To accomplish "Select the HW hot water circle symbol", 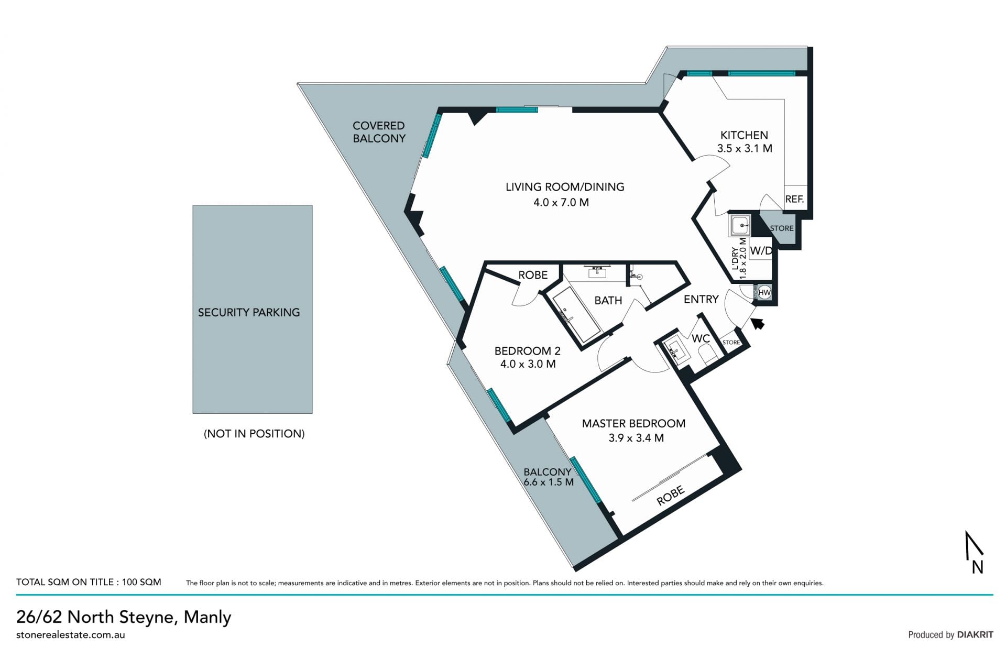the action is click(x=764, y=292).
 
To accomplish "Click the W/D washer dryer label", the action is click(x=761, y=251).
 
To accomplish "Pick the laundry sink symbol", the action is click(x=740, y=225).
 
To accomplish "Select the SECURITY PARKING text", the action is click(x=249, y=312).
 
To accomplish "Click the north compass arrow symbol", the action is click(x=975, y=552).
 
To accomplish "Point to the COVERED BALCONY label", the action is click(x=379, y=132).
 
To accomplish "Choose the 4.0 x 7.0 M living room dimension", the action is click(x=561, y=202).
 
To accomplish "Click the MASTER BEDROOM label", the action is click(x=633, y=423).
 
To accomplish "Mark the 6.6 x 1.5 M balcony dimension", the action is click(x=549, y=482).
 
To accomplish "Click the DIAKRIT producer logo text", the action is click(x=975, y=634).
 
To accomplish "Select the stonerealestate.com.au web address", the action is click(x=71, y=635).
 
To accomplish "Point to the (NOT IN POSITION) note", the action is click(x=254, y=434).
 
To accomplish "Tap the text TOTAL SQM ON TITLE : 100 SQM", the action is click(x=89, y=582).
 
